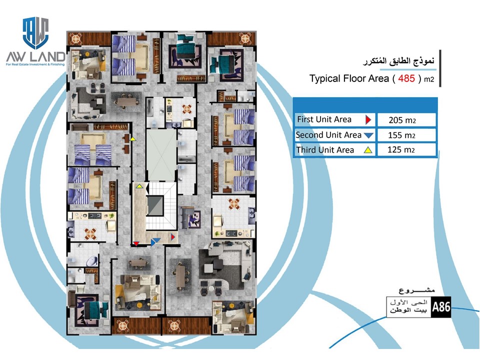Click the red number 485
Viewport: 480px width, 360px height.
(406, 78)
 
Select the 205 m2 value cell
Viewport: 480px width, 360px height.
(406, 119)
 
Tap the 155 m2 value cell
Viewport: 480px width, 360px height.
(406, 135)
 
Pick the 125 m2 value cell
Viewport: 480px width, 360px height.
(406, 149)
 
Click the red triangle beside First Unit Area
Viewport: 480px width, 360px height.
(368, 119)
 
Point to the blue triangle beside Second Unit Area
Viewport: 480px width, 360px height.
(368, 135)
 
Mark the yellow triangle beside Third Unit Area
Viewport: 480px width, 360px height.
(368, 150)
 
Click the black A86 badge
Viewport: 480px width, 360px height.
(441, 306)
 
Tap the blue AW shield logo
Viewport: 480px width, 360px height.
(36, 33)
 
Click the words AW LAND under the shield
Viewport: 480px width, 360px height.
(36, 56)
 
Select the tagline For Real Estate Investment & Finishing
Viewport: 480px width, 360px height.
(35, 64)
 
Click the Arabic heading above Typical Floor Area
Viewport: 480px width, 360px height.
(398, 61)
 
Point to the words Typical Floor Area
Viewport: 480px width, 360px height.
(349, 78)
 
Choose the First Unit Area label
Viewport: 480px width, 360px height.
(324, 119)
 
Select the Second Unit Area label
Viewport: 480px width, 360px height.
(328, 135)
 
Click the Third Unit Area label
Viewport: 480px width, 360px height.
(325, 150)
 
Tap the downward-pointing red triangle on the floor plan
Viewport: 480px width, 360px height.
(136, 243)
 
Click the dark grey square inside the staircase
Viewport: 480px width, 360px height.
(155, 206)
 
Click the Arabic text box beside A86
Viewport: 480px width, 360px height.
(408, 306)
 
